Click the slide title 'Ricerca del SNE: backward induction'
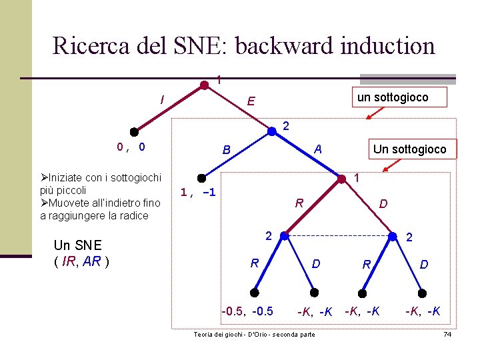(243, 45)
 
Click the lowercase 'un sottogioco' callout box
(393, 98)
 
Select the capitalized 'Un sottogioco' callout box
(409, 149)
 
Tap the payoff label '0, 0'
(131, 147)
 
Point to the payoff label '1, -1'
(197, 193)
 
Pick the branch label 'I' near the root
(162, 100)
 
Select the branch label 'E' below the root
(250, 102)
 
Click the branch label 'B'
(226, 150)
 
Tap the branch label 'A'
(319, 149)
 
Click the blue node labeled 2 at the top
(272, 131)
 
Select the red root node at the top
(205, 85)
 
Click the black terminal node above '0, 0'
(134, 131)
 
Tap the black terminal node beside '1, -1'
(201, 178)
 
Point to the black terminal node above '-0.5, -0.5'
(255, 291)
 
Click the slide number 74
(447, 333)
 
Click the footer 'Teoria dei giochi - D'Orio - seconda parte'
(254, 334)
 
